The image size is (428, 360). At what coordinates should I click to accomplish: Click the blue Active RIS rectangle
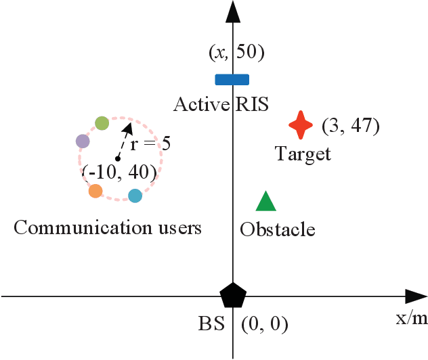[x=232, y=79]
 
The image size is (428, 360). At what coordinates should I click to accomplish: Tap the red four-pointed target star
[x=301, y=125]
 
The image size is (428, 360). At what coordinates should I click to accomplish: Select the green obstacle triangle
[x=265, y=202]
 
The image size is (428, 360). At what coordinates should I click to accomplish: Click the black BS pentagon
[x=233, y=296]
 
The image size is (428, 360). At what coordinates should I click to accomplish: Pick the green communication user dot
[x=102, y=122]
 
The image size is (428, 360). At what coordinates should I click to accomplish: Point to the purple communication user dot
[x=82, y=141]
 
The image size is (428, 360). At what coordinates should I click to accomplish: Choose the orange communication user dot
[x=95, y=191]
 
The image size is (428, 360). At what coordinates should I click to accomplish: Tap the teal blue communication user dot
[x=135, y=196]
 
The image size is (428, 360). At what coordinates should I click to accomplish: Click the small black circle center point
[x=118, y=159]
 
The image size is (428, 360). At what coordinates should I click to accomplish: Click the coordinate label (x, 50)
[x=233, y=53]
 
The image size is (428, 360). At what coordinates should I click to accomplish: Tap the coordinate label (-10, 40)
[x=120, y=172]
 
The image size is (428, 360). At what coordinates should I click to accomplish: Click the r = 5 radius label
[x=155, y=143]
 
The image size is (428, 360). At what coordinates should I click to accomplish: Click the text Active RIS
[x=221, y=105]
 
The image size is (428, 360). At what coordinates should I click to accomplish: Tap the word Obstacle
[x=278, y=229]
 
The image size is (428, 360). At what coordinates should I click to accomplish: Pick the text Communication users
[x=108, y=227]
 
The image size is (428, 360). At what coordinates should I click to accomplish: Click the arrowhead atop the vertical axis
[x=233, y=11]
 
